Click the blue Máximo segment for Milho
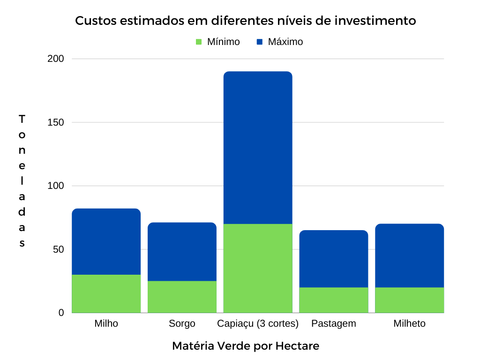pos(106,241)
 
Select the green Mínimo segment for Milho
pos(106,293)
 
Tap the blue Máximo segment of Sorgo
pos(182,252)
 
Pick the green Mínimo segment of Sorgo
pos(182,297)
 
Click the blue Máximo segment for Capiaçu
pos(258,148)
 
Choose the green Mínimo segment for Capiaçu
pos(258,268)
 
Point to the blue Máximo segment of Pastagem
pos(334,259)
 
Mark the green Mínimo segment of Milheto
pos(410,300)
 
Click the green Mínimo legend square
pos(198,42)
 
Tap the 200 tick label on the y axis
pos(56,59)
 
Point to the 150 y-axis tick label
pos(56,122)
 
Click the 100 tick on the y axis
pos(56,186)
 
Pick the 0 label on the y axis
pos(61,313)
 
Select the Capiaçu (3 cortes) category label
pos(258,324)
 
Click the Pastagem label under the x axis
pos(334,324)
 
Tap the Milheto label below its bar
pos(410,324)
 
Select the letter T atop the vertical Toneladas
pos(22,119)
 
